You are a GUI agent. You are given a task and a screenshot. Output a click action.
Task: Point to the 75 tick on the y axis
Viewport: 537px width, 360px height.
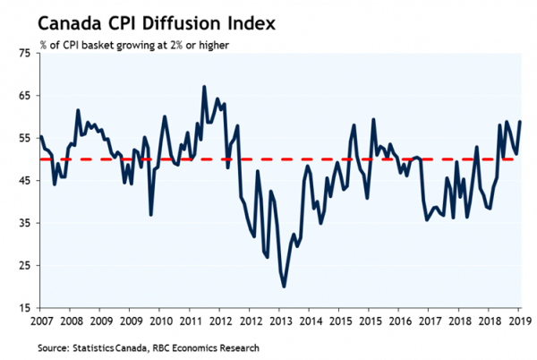point(23,54)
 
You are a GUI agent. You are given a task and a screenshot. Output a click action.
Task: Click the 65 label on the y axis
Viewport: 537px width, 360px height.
point(23,96)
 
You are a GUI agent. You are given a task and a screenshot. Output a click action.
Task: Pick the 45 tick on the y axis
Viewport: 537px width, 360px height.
point(23,181)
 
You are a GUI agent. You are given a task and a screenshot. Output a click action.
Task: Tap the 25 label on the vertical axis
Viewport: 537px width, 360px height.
point(23,266)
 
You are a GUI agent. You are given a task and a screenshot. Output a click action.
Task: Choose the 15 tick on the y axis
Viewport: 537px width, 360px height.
point(23,308)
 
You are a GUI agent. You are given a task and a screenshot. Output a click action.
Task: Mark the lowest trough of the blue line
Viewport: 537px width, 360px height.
point(284,287)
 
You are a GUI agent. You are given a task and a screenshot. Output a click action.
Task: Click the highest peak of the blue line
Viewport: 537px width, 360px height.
point(204,87)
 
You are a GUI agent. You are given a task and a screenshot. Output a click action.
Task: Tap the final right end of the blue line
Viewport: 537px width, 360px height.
point(521,122)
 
